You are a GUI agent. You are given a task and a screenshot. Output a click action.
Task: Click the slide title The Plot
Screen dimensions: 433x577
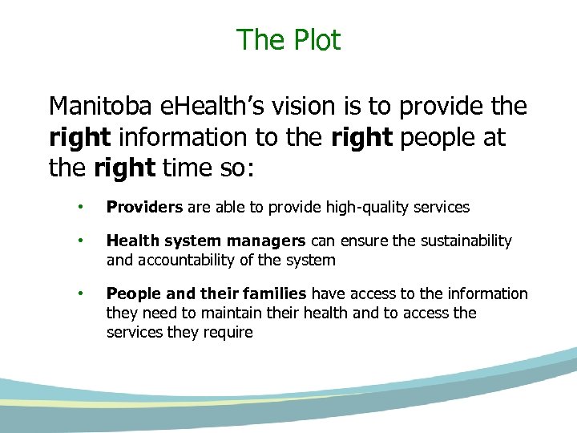pos(288,39)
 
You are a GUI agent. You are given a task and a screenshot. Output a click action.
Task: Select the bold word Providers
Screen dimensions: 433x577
pos(145,207)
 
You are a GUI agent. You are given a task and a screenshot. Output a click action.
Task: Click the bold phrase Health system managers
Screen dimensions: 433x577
pos(206,241)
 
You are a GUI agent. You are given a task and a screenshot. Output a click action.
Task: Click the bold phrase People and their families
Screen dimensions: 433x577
pos(207,293)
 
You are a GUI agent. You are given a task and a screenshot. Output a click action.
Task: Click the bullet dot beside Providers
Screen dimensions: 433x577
pos(80,207)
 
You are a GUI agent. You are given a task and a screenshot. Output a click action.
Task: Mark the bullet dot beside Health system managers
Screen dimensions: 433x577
pos(80,241)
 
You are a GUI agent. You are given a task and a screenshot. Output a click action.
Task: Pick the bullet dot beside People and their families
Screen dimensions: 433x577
pos(80,293)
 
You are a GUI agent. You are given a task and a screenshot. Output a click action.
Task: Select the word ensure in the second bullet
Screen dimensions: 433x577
pos(362,241)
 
